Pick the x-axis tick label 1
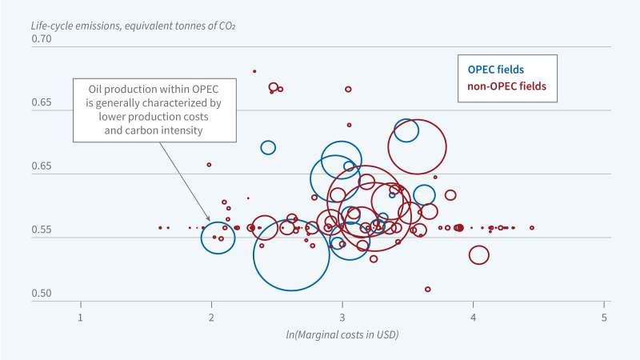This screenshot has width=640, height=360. tap(80, 316)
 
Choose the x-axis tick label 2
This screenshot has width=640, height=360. tap(211, 316)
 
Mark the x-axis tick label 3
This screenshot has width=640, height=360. tap(342, 316)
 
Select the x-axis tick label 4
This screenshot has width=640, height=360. tap(474, 316)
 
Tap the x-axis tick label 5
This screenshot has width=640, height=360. tap(605, 316)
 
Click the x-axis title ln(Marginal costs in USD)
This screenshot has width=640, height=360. tap(342, 334)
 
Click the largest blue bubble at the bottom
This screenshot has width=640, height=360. tap(291, 254)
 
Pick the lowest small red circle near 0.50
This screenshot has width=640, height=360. tap(428, 289)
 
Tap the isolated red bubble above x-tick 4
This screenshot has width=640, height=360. tap(479, 255)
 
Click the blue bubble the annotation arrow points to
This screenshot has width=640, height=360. tap(218, 238)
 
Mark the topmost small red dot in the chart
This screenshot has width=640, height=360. tap(254, 71)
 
